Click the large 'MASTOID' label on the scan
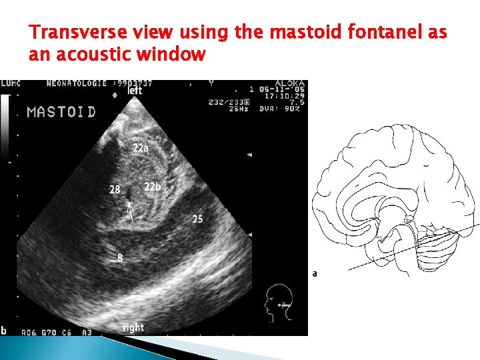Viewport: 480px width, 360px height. click(x=61, y=111)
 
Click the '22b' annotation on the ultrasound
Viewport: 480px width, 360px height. click(x=153, y=186)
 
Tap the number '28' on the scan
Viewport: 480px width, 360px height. click(x=115, y=190)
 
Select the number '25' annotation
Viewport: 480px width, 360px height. click(x=197, y=219)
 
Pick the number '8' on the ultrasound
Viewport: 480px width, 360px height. click(x=119, y=257)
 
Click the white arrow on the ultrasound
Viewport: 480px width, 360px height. click(x=131, y=211)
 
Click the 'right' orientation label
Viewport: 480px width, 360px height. click(x=133, y=327)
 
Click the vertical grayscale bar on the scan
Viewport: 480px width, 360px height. click(x=5, y=127)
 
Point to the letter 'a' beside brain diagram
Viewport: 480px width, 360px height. click(x=315, y=273)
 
